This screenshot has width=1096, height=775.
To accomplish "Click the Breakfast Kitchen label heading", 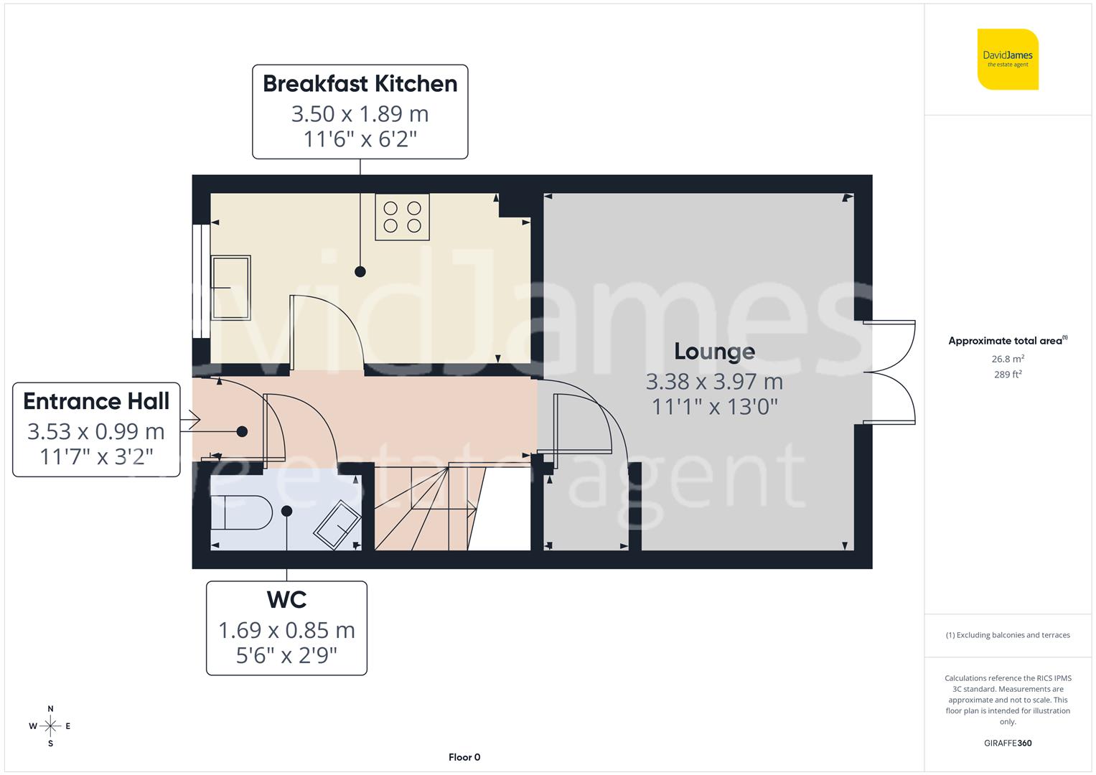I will (x=360, y=84).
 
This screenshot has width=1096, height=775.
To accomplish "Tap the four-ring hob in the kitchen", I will (x=402, y=217).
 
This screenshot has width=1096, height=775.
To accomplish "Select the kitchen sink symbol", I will (x=230, y=288).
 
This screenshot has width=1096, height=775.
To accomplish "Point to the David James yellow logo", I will (x=1007, y=60).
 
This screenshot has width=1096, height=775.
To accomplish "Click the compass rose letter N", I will (x=50, y=709).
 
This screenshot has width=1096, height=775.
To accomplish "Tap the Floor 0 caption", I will (x=464, y=757).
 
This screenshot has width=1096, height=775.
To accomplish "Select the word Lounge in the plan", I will (x=714, y=352).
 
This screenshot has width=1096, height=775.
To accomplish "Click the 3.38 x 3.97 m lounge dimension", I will (x=714, y=382).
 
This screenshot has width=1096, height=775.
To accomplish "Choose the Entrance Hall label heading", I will (x=96, y=401).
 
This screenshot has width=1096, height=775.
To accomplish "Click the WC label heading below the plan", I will (x=286, y=600).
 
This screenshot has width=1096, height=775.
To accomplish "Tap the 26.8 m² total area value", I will (x=1007, y=359).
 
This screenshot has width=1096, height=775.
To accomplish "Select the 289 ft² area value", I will (x=1007, y=375).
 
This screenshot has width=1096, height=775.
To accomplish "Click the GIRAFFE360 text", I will (x=1007, y=743).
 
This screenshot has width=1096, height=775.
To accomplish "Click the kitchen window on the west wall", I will (x=201, y=281).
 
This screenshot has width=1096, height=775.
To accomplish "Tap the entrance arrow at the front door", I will (x=190, y=420).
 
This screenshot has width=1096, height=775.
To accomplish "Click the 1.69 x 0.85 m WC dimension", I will (x=286, y=630).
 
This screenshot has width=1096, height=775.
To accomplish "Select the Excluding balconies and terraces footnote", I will (x=1007, y=635).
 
